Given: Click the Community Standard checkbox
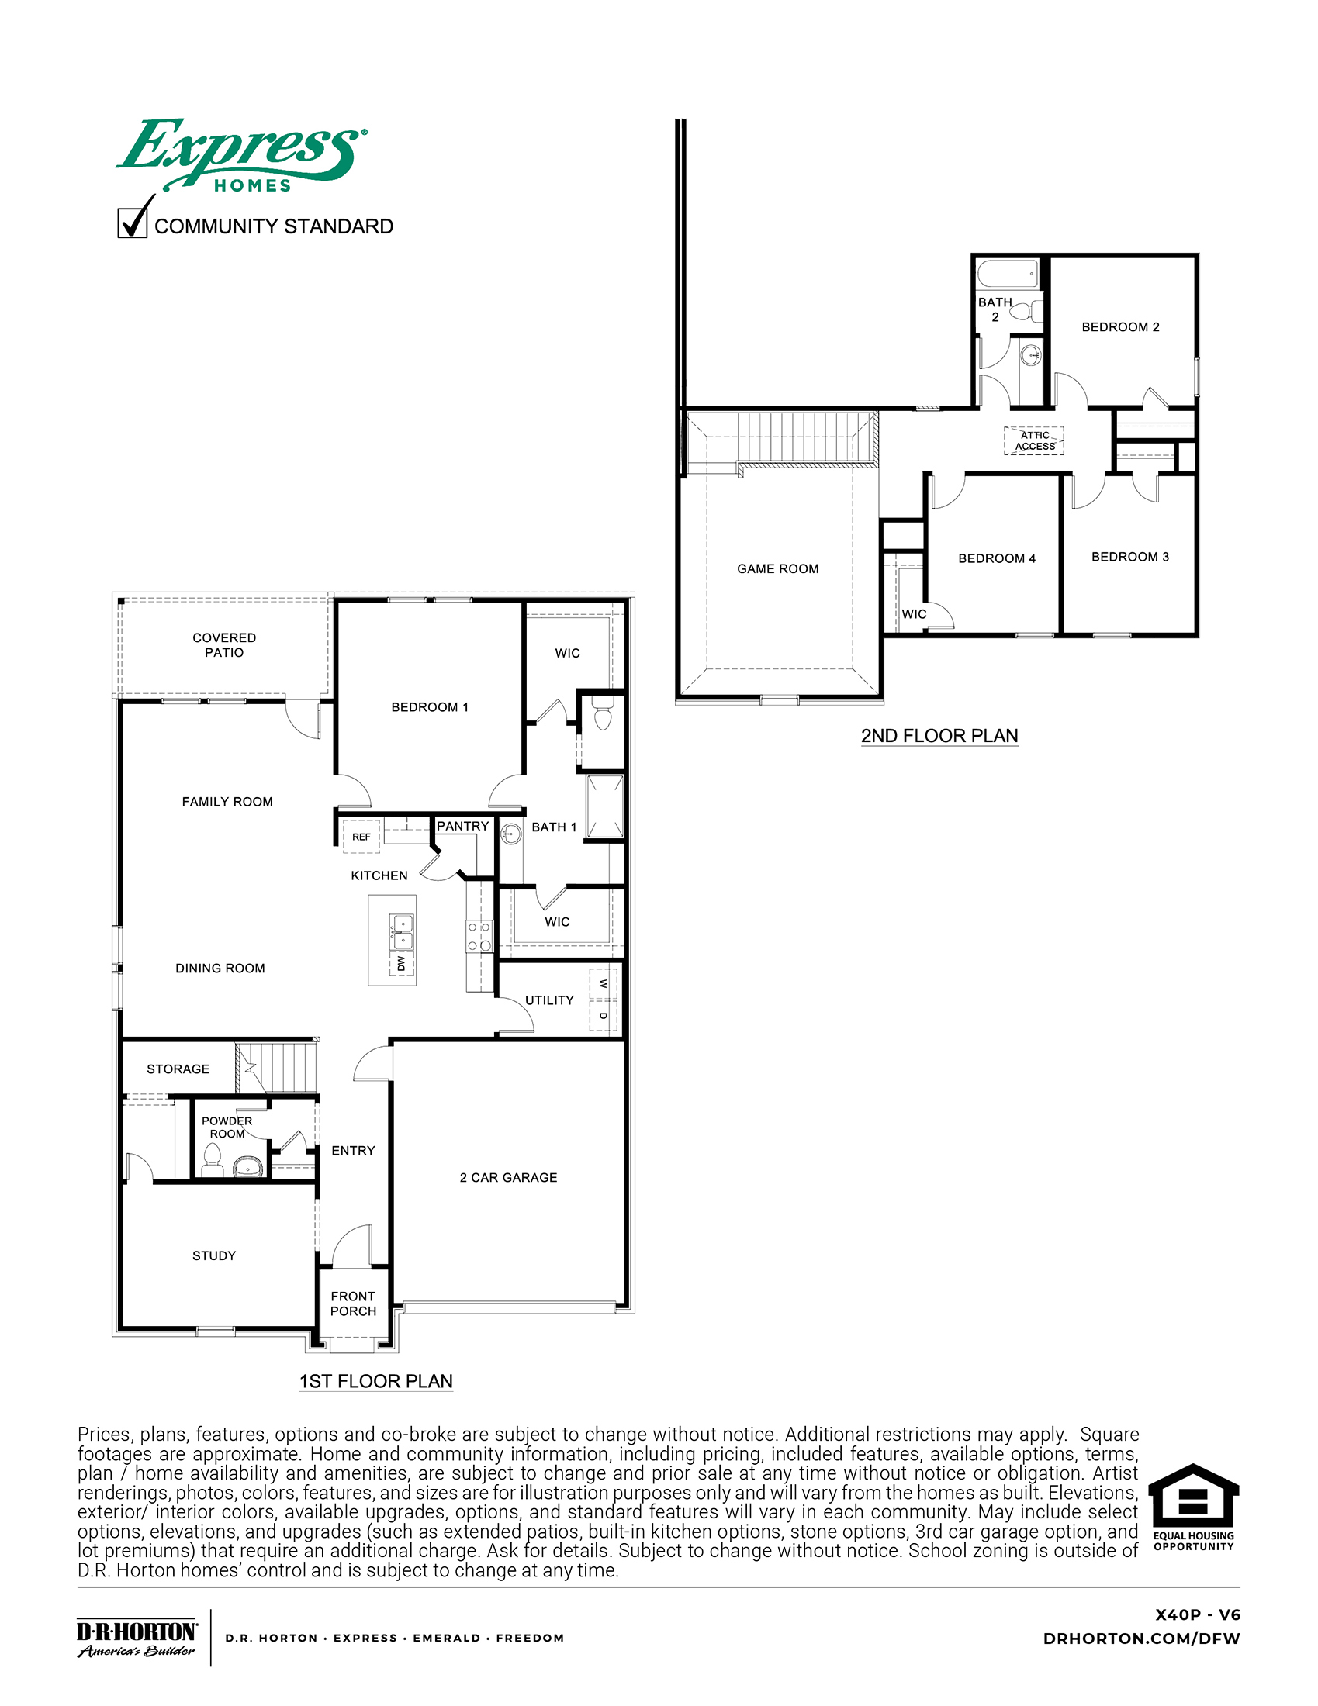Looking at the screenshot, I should click(132, 223).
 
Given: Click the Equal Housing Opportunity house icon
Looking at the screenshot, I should click(1193, 1497).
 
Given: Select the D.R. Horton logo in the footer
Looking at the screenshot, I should click(137, 1637).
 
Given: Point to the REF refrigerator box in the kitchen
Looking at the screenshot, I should click(361, 837).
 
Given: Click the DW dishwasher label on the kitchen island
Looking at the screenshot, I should click(401, 962).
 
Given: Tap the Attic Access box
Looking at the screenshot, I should click(1033, 441).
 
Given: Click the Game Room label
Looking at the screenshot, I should click(777, 568).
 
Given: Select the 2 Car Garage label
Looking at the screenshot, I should click(508, 1177).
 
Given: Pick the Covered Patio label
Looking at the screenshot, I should click(224, 645).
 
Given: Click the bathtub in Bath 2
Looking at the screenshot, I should click(1007, 275).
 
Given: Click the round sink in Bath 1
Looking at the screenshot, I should click(511, 834).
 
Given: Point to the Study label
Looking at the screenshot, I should click(214, 1255).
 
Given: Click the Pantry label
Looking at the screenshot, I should click(462, 827).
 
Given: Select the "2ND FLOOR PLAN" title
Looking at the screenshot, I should click(939, 736).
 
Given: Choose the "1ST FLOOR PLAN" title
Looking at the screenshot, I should click(375, 1381).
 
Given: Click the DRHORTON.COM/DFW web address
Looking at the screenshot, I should click(1140, 1639).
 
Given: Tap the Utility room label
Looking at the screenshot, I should click(549, 1000).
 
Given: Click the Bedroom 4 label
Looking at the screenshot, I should click(997, 558).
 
